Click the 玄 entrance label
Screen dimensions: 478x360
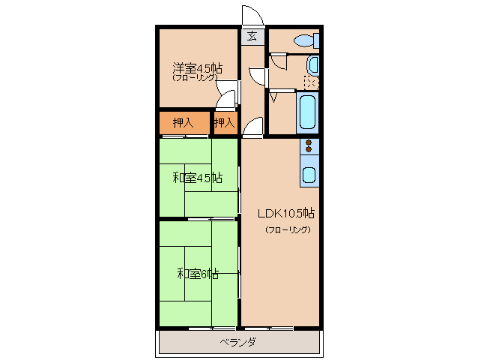tap(252, 36)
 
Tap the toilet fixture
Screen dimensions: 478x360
tap(306, 40)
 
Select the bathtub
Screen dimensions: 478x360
tap(307, 112)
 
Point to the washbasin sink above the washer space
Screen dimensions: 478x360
tap(312, 65)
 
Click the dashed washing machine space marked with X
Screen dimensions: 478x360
tap(311, 82)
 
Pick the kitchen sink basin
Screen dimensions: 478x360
tap(309, 175)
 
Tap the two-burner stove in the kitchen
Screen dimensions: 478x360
tap(309, 145)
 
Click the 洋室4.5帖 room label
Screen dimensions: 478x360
tap(198, 67)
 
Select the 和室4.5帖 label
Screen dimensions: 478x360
tap(198, 178)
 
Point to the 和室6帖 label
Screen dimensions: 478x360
tap(198, 274)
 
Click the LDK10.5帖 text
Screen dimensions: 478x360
tap(286, 213)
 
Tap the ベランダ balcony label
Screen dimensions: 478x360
tap(238, 342)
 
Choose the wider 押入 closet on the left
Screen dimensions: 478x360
tap(184, 123)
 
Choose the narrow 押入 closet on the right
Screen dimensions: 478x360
tap(226, 123)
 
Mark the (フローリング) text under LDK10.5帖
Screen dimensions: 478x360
tap(288, 229)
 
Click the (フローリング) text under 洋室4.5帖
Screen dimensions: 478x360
tap(195, 77)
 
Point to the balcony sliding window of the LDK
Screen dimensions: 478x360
tap(269, 328)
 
